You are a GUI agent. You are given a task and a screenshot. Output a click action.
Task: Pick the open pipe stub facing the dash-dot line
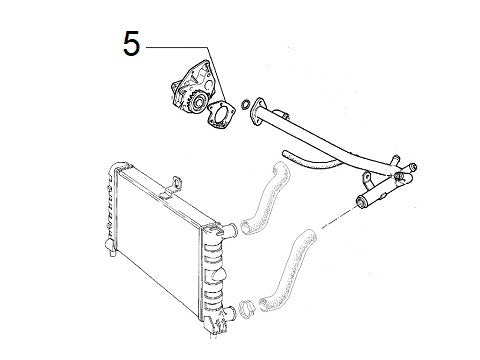point(357,204)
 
